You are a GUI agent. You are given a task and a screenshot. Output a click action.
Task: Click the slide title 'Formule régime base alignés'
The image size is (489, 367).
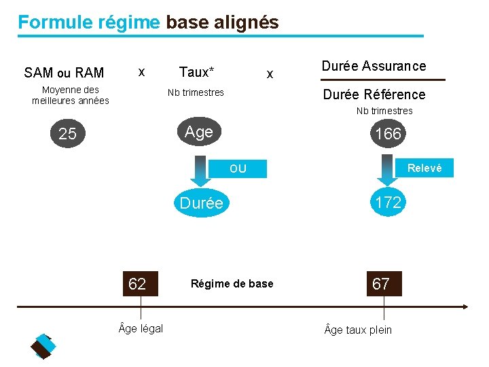[148, 22]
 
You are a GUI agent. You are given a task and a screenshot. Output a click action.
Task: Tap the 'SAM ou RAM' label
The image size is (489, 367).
[64, 73]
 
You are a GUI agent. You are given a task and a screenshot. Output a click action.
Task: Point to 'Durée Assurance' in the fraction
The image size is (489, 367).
[374, 66]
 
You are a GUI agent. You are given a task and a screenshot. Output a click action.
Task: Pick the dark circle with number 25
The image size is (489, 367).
[67, 134]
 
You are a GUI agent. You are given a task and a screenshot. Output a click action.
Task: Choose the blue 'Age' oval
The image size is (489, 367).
[198, 132]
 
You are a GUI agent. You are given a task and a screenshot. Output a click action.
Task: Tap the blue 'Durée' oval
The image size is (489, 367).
[201, 203]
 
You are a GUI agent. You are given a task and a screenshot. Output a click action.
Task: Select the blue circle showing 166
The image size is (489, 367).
[388, 134]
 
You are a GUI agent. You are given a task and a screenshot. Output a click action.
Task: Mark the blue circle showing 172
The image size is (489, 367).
[388, 202]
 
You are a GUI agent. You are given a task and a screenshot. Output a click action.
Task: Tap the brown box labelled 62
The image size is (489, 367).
[137, 283]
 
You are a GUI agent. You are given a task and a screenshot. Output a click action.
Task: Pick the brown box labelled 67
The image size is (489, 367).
[381, 283]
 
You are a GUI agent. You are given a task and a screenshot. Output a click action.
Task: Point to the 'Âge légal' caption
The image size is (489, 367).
[141, 328]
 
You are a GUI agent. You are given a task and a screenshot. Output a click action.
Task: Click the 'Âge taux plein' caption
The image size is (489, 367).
[358, 330]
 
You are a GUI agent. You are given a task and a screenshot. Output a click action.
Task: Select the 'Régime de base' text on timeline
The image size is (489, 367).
[232, 283]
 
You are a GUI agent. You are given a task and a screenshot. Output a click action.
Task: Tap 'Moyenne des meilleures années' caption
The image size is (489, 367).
[71, 95]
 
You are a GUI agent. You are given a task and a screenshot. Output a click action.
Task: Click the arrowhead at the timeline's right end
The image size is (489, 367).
[464, 307]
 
